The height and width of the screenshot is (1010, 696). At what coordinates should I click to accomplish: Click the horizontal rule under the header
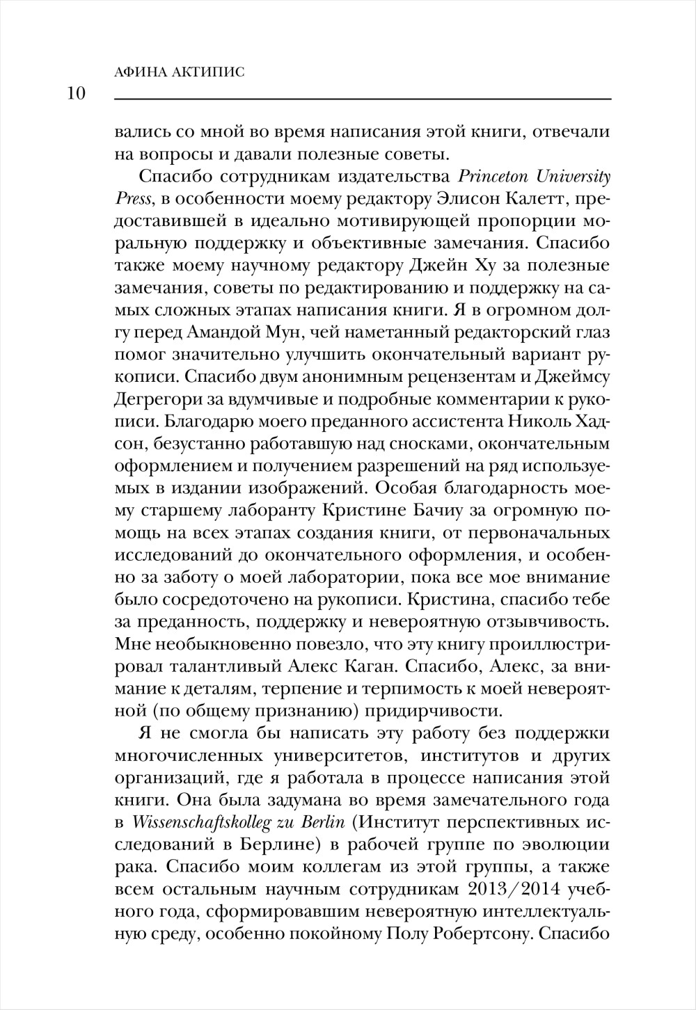(362, 100)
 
